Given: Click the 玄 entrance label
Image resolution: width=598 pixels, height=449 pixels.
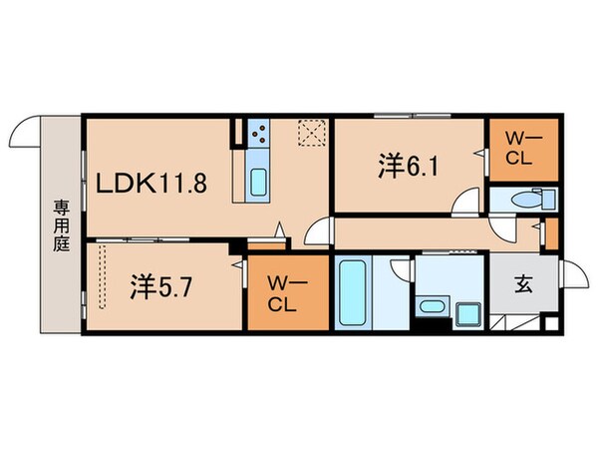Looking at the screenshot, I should coord(523,283).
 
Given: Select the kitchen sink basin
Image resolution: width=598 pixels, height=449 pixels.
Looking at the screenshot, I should coord(258,183).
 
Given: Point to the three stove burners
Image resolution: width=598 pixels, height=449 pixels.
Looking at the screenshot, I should coord(259,133).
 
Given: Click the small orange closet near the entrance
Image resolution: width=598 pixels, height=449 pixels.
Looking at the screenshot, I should coord(547,231).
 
